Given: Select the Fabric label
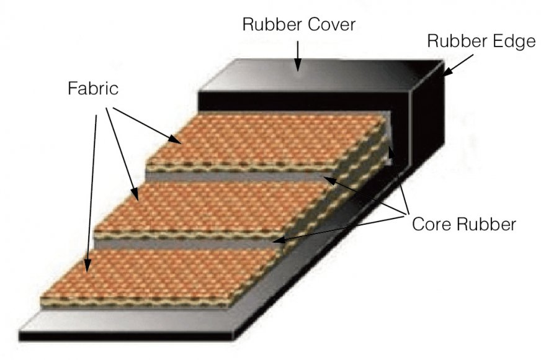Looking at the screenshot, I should pos(92,89).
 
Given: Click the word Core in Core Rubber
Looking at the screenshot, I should pos(434,224).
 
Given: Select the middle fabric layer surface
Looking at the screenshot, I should pos(211,205).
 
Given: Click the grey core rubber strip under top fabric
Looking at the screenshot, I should pos(248,176).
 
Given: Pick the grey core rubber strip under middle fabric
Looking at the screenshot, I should pos(186,244).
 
